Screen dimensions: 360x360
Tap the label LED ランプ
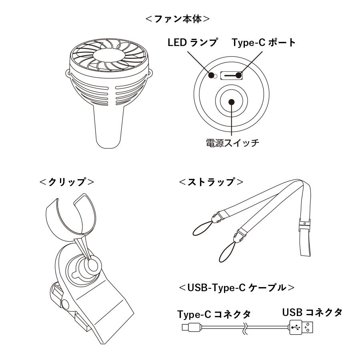point(192,43)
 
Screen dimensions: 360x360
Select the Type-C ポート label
point(264,43)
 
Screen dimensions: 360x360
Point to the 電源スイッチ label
point(232,143)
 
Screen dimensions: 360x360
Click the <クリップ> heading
point(67,182)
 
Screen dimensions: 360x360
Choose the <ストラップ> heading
point(212,182)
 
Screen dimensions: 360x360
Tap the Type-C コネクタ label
point(214,314)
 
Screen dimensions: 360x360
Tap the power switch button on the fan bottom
point(231,101)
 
